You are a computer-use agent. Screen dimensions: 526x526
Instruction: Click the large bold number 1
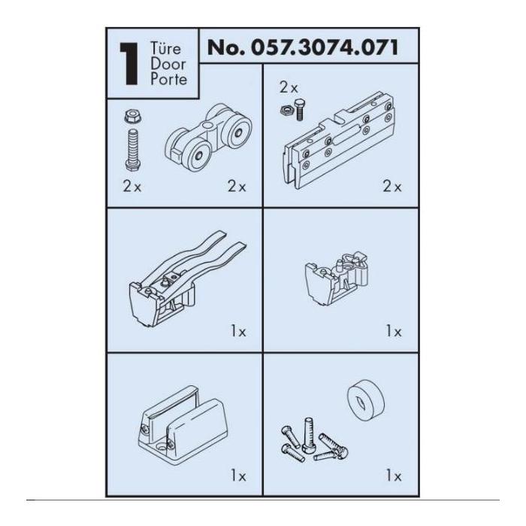pyautogui.click(x=129, y=64)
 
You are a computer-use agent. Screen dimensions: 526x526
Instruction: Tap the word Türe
pyautogui.click(x=165, y=48)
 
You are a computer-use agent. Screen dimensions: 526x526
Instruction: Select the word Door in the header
pyautogui.click(x=168, y=64)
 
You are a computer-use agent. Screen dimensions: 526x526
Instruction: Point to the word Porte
pyautogui.click(x=168, y=79)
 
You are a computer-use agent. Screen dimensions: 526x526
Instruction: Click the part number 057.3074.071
pyautogui.click(x=325, y=47)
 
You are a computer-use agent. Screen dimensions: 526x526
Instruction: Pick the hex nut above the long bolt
pyautogui.click(x=132, y=116)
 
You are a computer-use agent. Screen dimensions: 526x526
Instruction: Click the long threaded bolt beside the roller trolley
pyautogui.click(x=133, y=150)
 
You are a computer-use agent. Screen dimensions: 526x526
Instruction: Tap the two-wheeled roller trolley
pyautogui.click(x=209, y=138)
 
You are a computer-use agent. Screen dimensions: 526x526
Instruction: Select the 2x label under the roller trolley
pyautogui.click(x=237, y=187)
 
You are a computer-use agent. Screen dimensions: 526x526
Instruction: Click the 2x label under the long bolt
pyautogui.click(x=132, y=187)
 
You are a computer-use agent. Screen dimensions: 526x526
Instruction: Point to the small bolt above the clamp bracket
pyautogui.click(x=299, y=110)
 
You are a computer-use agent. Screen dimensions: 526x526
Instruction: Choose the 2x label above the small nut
pyautogui.click(x=289, y=88)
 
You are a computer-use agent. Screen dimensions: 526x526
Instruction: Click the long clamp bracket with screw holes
pyautogui.click(x=338, y=141)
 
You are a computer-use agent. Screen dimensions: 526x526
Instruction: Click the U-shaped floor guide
pyautogui.click(x=183, y=425)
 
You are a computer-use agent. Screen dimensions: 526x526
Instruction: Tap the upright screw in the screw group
pyautogui.click(x=308, y=435)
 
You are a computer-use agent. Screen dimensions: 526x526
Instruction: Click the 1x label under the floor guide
pyautogui.click(x=238, y=476)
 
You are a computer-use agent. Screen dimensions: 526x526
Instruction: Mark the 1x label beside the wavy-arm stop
pyautogui.click(x=238, y=332)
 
